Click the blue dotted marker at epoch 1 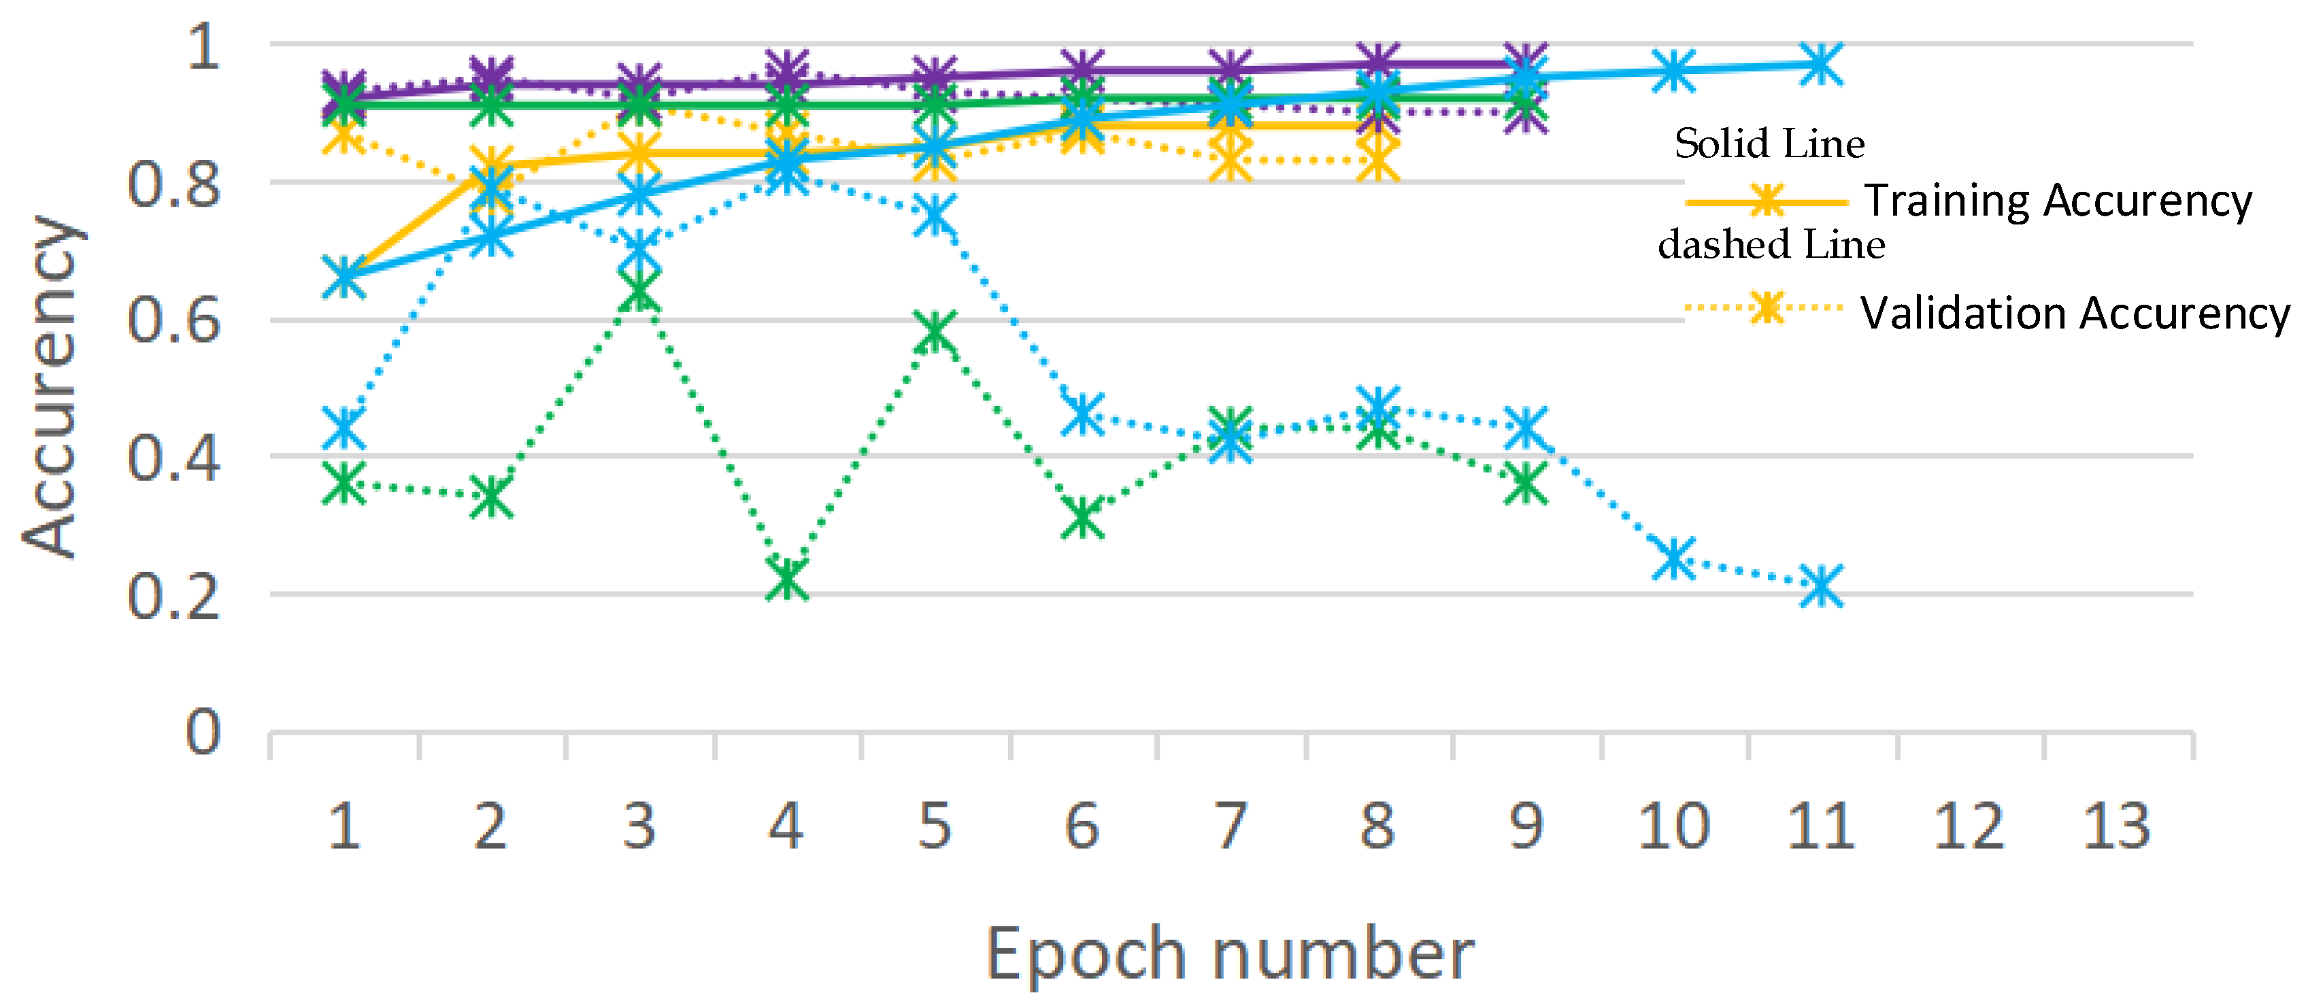point(344,426)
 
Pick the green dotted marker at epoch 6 point(1082,517)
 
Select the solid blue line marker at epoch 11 point(1820,64)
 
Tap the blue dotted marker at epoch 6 point(1082,413)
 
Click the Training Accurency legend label point(2058,201)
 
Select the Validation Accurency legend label point(2074,314)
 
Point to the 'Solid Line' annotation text point(1769,144)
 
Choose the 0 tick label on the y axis point(203,732)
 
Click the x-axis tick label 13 point(2116,826)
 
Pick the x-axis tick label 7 point(1230,826)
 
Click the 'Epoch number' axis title point(1229,955)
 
